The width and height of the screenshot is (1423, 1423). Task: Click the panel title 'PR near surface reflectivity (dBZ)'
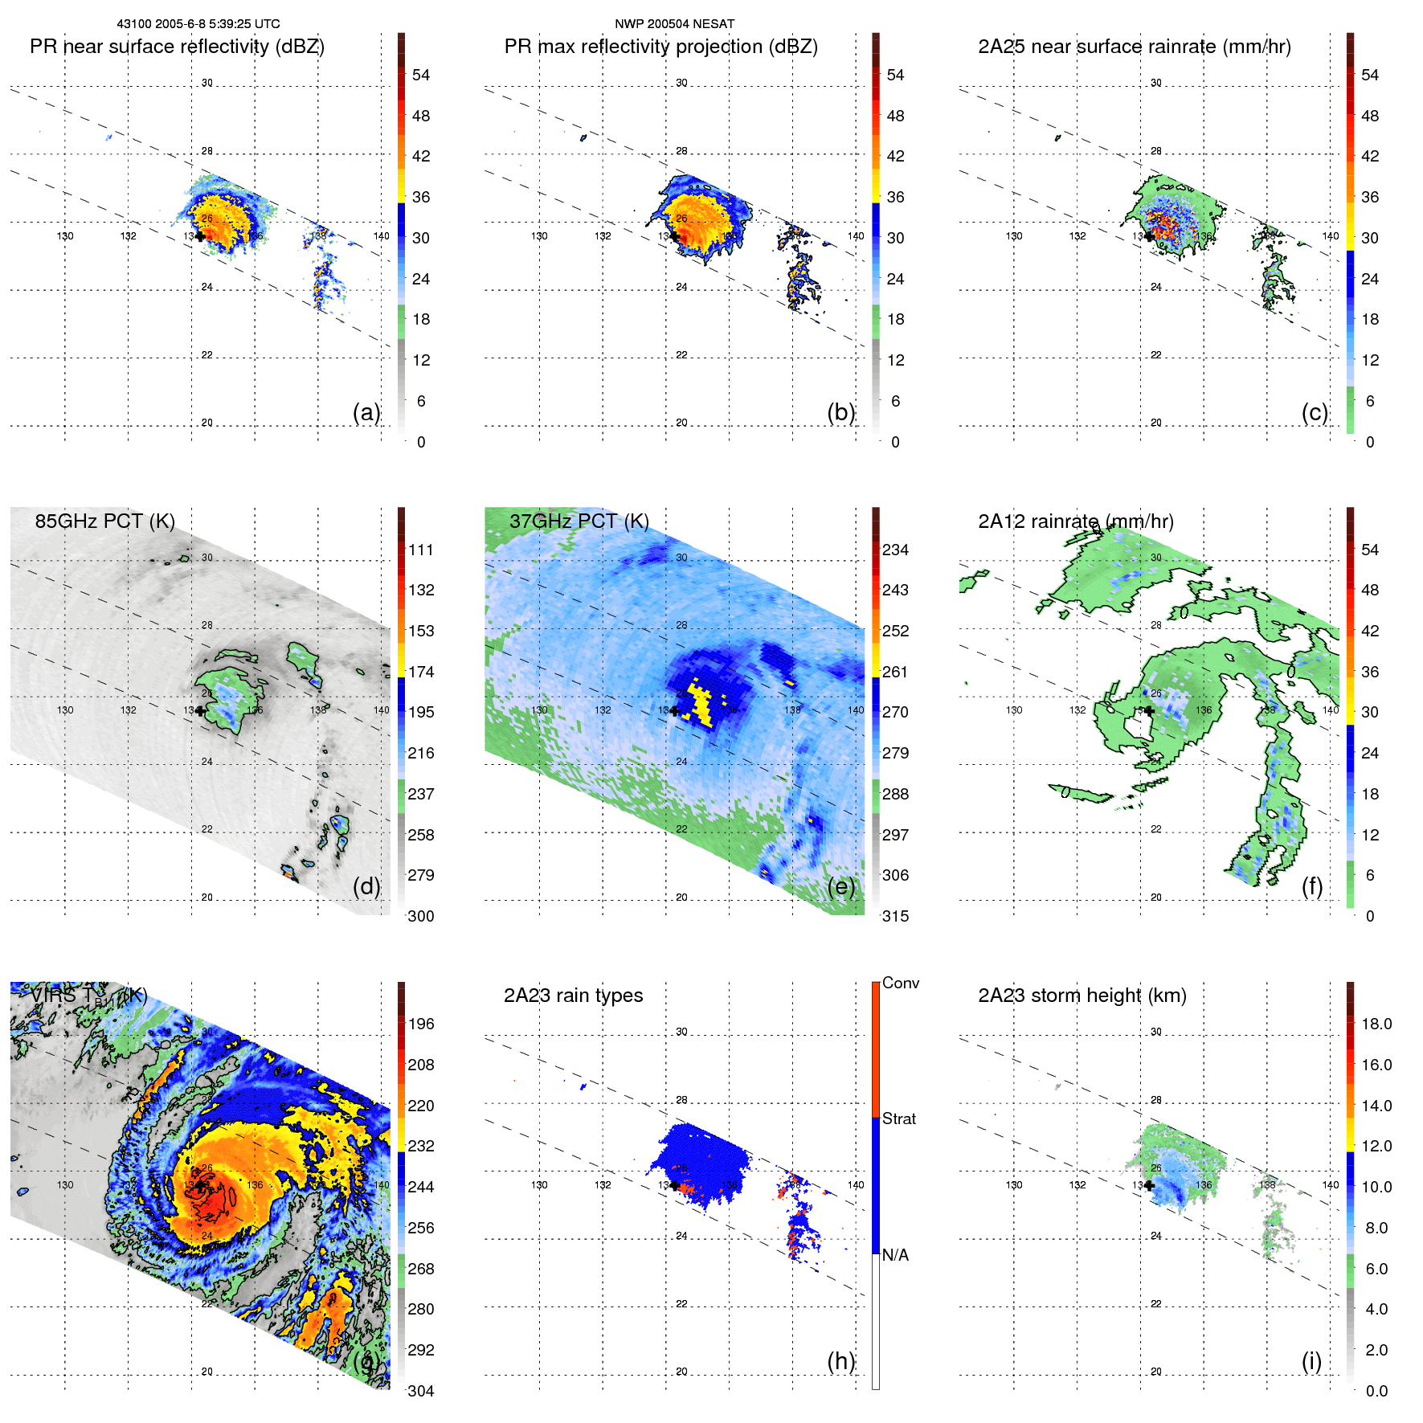(177, 47)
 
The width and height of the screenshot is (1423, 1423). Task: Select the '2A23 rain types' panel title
(573, 996)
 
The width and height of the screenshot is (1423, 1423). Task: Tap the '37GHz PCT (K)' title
(579, 521)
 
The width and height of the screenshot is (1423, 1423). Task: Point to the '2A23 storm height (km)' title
(1082, 996)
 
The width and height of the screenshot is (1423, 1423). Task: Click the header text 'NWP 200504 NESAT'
(674, 24)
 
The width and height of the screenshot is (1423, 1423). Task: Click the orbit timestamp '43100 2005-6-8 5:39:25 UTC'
(198, 24)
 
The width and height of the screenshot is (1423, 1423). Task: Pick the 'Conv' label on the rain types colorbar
(900, 983)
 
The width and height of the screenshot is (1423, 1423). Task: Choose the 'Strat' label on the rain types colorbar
(898, 1118)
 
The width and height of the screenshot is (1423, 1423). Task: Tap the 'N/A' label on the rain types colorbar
(895, 1255)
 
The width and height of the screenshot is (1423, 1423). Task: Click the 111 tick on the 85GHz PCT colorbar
(420, 550)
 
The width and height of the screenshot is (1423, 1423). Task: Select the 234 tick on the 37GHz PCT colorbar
(895, 550)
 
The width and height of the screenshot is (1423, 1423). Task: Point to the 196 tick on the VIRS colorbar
(420, 1024)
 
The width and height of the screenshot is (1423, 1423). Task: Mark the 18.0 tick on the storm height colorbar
(1376, 1024)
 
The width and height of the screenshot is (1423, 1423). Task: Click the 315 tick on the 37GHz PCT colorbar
(895, 916)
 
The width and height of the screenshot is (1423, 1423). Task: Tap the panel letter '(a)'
(366, 412)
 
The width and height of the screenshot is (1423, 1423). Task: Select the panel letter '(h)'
(841, 1361)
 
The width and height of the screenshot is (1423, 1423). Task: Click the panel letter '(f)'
(1312, 886)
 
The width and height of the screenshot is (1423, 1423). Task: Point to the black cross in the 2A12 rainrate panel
(1149, 711)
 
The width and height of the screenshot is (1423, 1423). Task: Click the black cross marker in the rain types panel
(674, 1185)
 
